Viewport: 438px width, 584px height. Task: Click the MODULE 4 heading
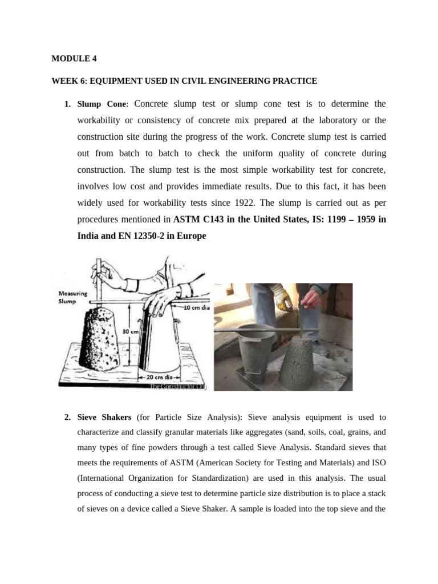[71, 58]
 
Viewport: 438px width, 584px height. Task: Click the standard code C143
[211, 219]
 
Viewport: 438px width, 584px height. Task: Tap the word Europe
[193, 236]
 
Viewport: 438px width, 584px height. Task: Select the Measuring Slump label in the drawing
[73, 298]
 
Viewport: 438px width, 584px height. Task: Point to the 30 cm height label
[131, 331]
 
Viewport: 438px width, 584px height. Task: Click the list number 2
[67, 417]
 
